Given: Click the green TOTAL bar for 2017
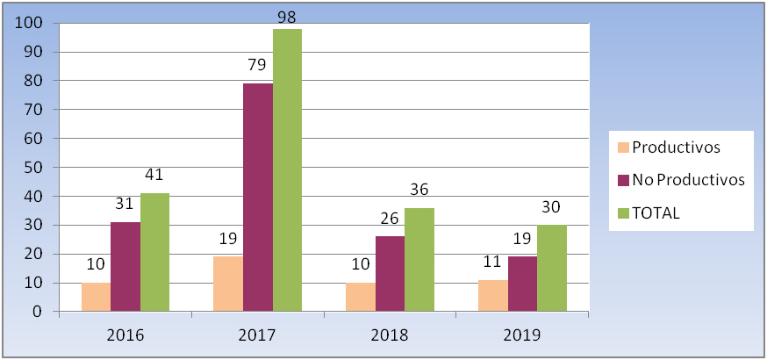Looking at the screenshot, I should click(x=287, y=170).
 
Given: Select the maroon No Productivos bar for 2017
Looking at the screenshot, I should click(x=257, y=198).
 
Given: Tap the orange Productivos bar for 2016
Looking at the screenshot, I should click(x=96, y=297).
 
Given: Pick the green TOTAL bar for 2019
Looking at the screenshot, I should click(x=552, y=268).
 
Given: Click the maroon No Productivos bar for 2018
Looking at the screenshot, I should click(x=390, y=273).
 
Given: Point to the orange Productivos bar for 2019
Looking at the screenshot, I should click(x=492, y=295).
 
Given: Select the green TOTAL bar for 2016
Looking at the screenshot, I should click(x=154, y=252).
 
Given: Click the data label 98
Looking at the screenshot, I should click(x=287, y=17).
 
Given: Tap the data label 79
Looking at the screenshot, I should click(x=257, y=65).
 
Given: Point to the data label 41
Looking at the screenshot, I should click(x=154, y=175).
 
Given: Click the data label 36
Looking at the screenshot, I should click(x=419, y=190).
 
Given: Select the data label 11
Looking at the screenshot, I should click(x=492, y=261).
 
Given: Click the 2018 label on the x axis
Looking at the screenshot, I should click(x=391, y=335).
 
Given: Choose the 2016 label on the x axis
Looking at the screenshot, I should click(x=126, y=335).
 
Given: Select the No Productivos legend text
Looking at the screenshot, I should click(x=688, y=180).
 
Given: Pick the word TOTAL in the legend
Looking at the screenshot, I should click(x=656, y=212).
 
